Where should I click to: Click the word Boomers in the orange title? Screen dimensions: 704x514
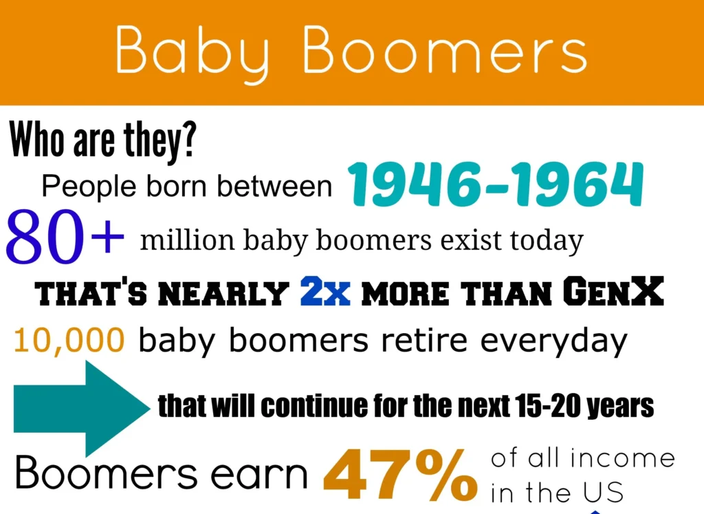pyautogui.click(x=445, y=50)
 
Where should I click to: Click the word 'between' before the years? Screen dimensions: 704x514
pyautogui.click(x=274, y=186)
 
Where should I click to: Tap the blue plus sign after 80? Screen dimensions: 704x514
pyautogui.click(x=107, y=236)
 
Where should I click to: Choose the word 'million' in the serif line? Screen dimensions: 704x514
pyautogui.click(x=187, y=239)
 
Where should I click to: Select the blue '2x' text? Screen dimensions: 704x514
pyautogui.click(x=325, y=292)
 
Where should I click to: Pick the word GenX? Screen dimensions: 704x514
pyautogui.click(x=613, y=291)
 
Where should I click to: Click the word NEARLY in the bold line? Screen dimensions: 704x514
pyautogui.click(x=223, y=293)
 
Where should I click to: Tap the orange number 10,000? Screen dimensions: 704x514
pyautogui.click(x=69, y=340)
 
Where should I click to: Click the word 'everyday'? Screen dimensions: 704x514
pyautogui.click(x=553, y=341)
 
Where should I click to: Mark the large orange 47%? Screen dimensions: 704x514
pyautogui.click(x=400, y=475)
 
